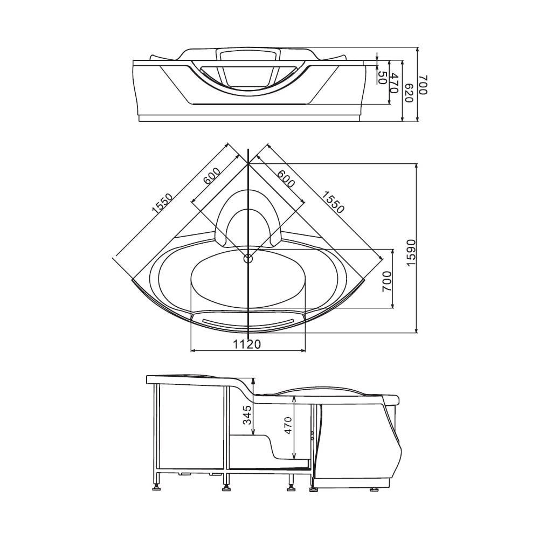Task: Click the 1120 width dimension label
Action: tap(247, 344)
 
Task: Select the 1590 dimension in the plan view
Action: tap(411, 253)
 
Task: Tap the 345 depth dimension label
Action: tap(247, 415)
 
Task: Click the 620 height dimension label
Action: tap(409, 93)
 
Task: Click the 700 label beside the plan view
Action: tap(386, 281)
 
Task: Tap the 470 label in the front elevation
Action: tap(395, 83)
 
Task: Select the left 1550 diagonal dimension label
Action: tap(162, 204)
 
